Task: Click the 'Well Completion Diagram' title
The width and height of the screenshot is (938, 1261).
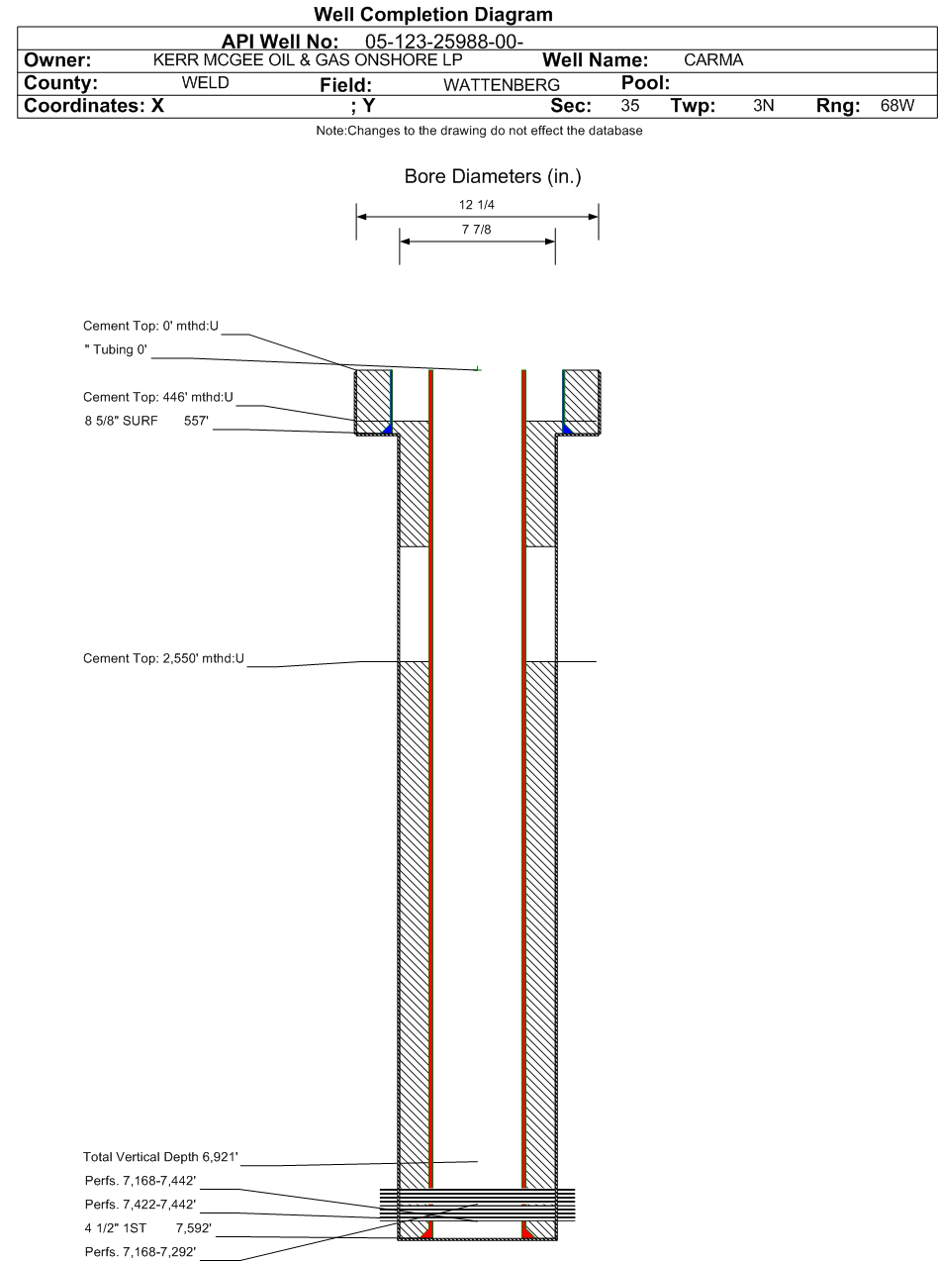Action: (433, 14)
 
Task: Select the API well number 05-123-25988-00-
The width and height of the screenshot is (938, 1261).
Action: (444, 42)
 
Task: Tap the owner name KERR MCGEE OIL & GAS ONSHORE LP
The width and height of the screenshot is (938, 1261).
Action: (308, 59)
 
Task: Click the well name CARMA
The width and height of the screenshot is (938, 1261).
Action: (713, 59)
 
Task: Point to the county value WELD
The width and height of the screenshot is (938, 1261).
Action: (205, 82)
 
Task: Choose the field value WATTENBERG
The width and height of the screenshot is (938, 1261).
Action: (502, 85)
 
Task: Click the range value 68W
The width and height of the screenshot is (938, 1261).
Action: (897, 105)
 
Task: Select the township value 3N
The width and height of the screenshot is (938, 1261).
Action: (764, 105)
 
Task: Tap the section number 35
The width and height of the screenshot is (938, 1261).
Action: (630, 105)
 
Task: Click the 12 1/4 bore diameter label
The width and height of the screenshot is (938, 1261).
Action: (476, 205)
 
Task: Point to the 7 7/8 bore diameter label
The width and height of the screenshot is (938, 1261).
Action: (476, 229)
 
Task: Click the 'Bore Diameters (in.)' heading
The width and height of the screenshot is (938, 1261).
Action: (493, 176)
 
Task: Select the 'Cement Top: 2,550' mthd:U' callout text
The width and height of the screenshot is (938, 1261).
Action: (163, 658)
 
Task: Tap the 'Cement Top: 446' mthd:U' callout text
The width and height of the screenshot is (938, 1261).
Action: (158, 397)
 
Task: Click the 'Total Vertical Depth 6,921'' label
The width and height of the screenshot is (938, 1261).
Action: (161, 1156)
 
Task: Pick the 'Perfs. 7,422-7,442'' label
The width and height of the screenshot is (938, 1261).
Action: (141, 1205)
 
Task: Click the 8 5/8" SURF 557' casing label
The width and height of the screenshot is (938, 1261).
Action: (146, 421)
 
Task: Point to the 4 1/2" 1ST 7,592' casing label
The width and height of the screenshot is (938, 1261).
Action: (148, 1228)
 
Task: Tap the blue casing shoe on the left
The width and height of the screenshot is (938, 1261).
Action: (389, 429)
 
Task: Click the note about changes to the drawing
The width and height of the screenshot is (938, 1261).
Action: (479, 131)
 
